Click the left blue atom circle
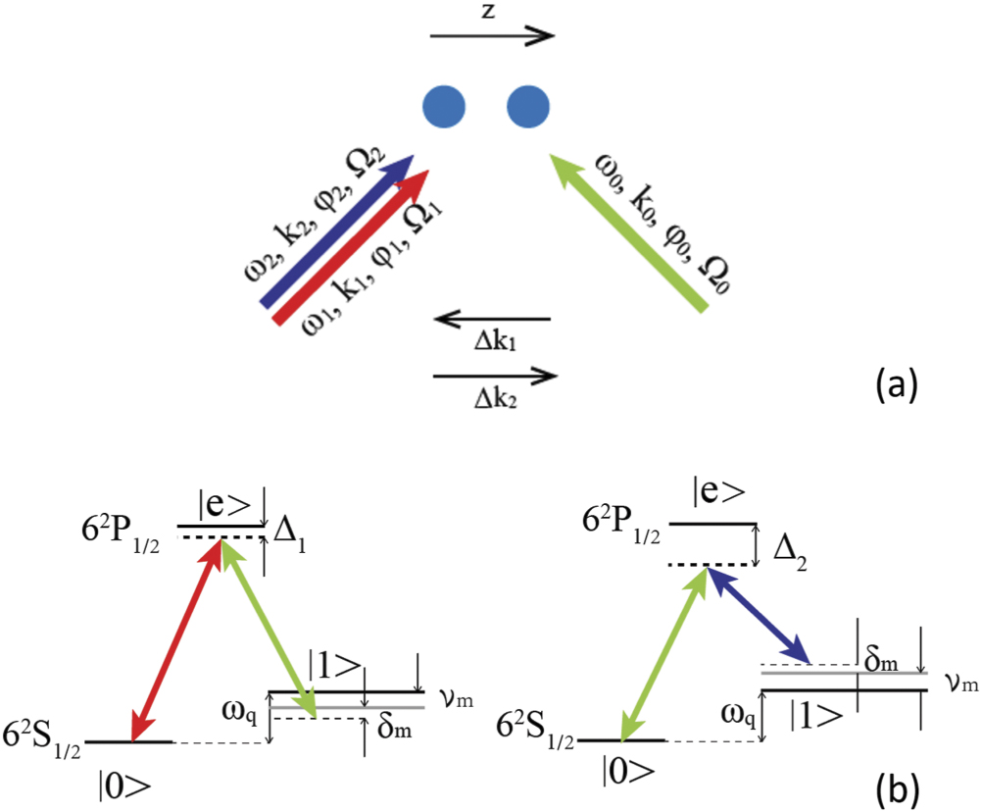[442, 105]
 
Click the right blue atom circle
[526, 105]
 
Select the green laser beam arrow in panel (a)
[627, 231]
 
